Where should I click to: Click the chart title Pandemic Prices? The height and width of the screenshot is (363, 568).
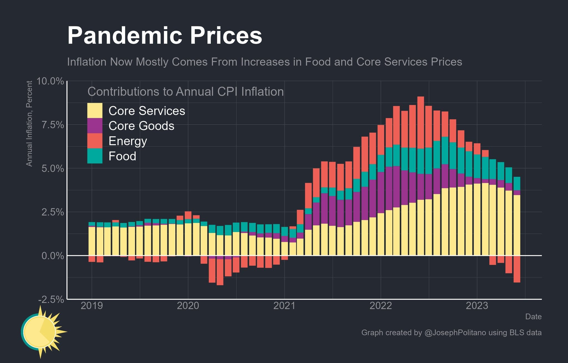(x=164, y=36)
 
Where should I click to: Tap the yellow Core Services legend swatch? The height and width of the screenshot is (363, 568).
(x=95, y=110)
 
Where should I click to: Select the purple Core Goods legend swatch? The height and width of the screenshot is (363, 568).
(x=95, y=125)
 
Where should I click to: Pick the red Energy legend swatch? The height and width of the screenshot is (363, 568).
(x=95, y=141)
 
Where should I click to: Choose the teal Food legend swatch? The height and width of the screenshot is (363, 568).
(x=95, y=156)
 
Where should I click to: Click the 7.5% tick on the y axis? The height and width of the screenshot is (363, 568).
(x=52, y=125)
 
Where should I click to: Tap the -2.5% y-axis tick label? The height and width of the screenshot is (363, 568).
(x=51, y=299)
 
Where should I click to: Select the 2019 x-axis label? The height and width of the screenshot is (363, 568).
(x=92, y=306)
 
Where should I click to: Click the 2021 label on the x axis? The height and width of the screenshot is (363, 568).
(x=284, y=306)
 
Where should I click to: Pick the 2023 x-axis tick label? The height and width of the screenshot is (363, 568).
(x=477, y=306)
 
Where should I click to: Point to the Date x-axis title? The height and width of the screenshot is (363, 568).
(x=533, y=317)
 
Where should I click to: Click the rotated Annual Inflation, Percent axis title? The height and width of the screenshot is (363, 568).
(x=29, y=123)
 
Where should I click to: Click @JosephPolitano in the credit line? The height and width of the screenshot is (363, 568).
(x=455, y=332)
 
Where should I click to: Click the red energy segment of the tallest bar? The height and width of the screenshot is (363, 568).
(x=421, y=122)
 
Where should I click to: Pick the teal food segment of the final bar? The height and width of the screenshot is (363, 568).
(x=517, y=183)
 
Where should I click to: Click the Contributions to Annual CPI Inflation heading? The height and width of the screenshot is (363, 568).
(x=186, y=92)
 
